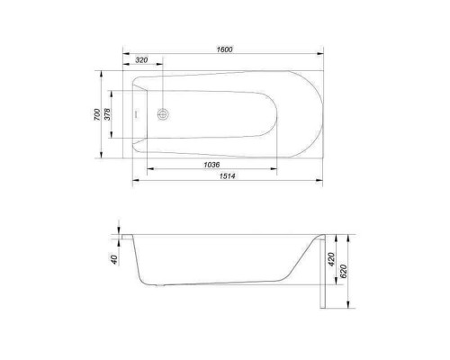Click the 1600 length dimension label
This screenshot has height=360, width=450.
coord(224,49)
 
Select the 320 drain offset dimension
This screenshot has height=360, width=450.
coord(141,60)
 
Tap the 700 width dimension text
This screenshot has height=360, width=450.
coord(97,114)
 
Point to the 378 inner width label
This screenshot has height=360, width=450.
coord(107,114)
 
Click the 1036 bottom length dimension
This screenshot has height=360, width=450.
coord(211,165)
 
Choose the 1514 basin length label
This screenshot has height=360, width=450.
coord(227,176)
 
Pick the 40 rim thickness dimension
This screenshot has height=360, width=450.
coord(114,259)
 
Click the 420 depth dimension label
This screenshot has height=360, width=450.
coord(331,259)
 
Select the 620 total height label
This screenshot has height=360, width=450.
coord(344,271)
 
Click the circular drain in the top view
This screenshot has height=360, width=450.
coord(163,114)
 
